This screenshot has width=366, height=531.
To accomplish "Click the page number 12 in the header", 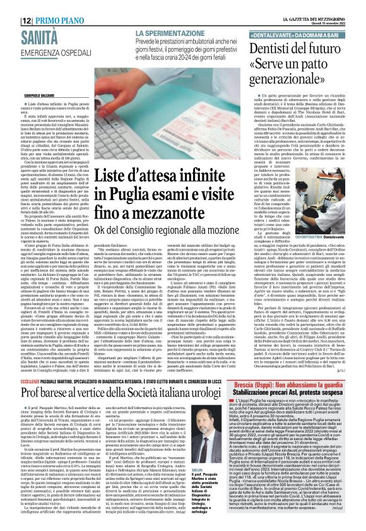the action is (x=28, y=20).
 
